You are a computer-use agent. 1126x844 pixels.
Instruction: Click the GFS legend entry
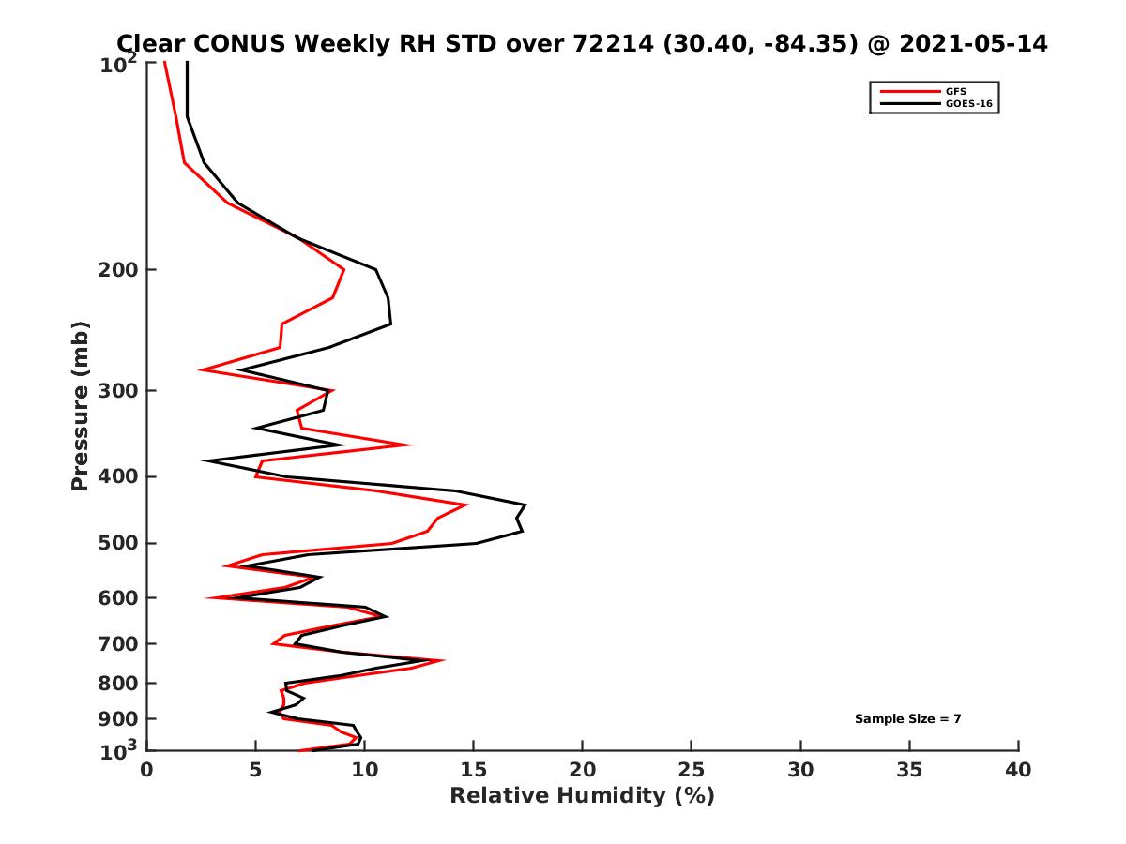957,91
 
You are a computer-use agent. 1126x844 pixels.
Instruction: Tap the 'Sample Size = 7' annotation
907,719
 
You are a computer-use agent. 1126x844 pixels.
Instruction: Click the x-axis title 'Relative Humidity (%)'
582,796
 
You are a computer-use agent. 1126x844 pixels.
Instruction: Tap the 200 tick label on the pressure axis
118,270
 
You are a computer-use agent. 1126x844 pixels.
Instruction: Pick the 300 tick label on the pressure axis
118,390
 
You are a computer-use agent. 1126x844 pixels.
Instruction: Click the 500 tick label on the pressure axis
118,543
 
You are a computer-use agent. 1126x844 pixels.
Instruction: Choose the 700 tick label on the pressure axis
118,643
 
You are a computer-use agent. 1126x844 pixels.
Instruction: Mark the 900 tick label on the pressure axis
118,718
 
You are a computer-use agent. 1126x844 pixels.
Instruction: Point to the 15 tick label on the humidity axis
473,770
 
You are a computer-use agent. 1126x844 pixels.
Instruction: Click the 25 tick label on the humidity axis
691,770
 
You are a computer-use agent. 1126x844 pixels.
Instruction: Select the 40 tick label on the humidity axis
1018,770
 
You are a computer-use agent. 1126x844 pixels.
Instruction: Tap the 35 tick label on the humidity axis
909,770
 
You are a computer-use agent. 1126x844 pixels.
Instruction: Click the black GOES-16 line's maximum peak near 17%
525,506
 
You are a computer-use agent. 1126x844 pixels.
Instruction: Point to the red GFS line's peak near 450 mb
466,505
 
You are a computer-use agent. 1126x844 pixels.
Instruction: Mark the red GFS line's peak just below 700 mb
443,660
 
